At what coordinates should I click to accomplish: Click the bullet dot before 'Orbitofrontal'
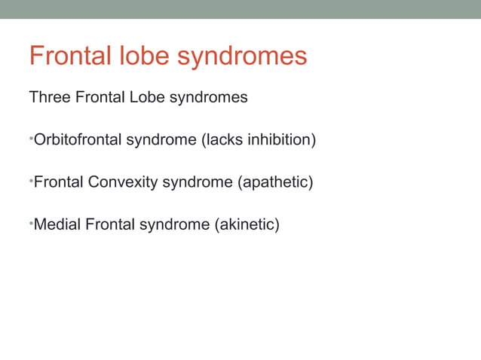pos(30,139)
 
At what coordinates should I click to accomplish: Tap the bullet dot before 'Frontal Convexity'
pos(30,181)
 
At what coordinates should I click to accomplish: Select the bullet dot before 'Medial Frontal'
pos(30,223)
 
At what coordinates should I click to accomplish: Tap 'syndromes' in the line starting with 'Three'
pos(207,99)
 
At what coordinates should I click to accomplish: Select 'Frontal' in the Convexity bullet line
pos(60,182)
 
